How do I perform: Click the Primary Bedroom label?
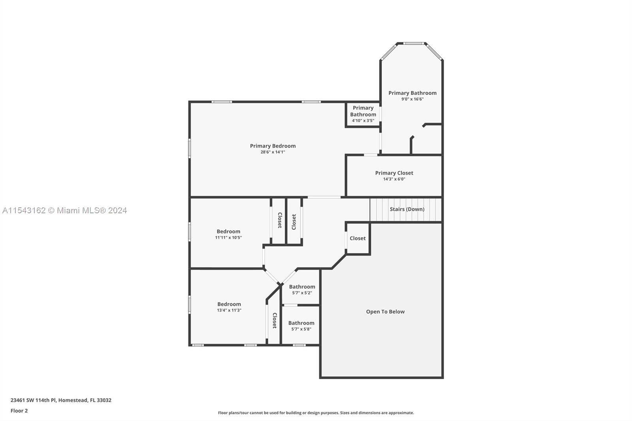pyautogui.click(x=273, y=146)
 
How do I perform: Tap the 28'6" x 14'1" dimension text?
pyautogui.click(x=273, y=152)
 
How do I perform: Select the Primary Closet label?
pyautogui.click(x=394, y=173)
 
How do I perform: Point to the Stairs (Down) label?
pyautogui.click(x=407, y=209)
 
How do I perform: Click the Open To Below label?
pyautogui.click(x=385, y=312)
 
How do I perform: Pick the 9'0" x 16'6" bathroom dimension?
pyautogui.click(x=412, y=99)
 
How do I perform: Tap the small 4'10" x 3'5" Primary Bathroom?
pyautogui.click(x=363, y=114)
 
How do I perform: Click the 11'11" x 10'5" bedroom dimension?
pyautogui.click(x=228, y=238)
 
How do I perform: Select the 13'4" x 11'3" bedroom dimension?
pyautogui.click(x=229, y=310)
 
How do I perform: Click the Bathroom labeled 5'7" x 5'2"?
pyautogui.click(x=302, y=289)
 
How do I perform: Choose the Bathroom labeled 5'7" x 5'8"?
pyautogui.click(x=301, y=326)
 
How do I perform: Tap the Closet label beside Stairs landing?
pyautogui.click(x=357, y=238)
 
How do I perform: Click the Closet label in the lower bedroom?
pyautogui.click(x=275, y=320)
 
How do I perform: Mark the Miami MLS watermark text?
pyautogui.click(x=65, y=210)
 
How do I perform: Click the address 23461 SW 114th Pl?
pyautogui.click(x=61, y=400)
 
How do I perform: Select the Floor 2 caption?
pyautogui.click(x=19, y=411)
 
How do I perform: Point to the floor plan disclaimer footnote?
pyautogui.click(x=316, y=413)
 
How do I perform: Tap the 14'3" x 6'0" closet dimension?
pyautogui.click(x=394, y=179)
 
